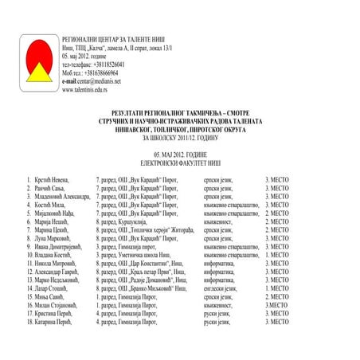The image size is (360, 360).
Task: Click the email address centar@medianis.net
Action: [x=99, y=80]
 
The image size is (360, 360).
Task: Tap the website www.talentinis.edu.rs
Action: [x=89, y=89]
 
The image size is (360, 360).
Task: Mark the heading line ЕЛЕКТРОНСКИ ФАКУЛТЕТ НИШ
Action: [x=179, y=158]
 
